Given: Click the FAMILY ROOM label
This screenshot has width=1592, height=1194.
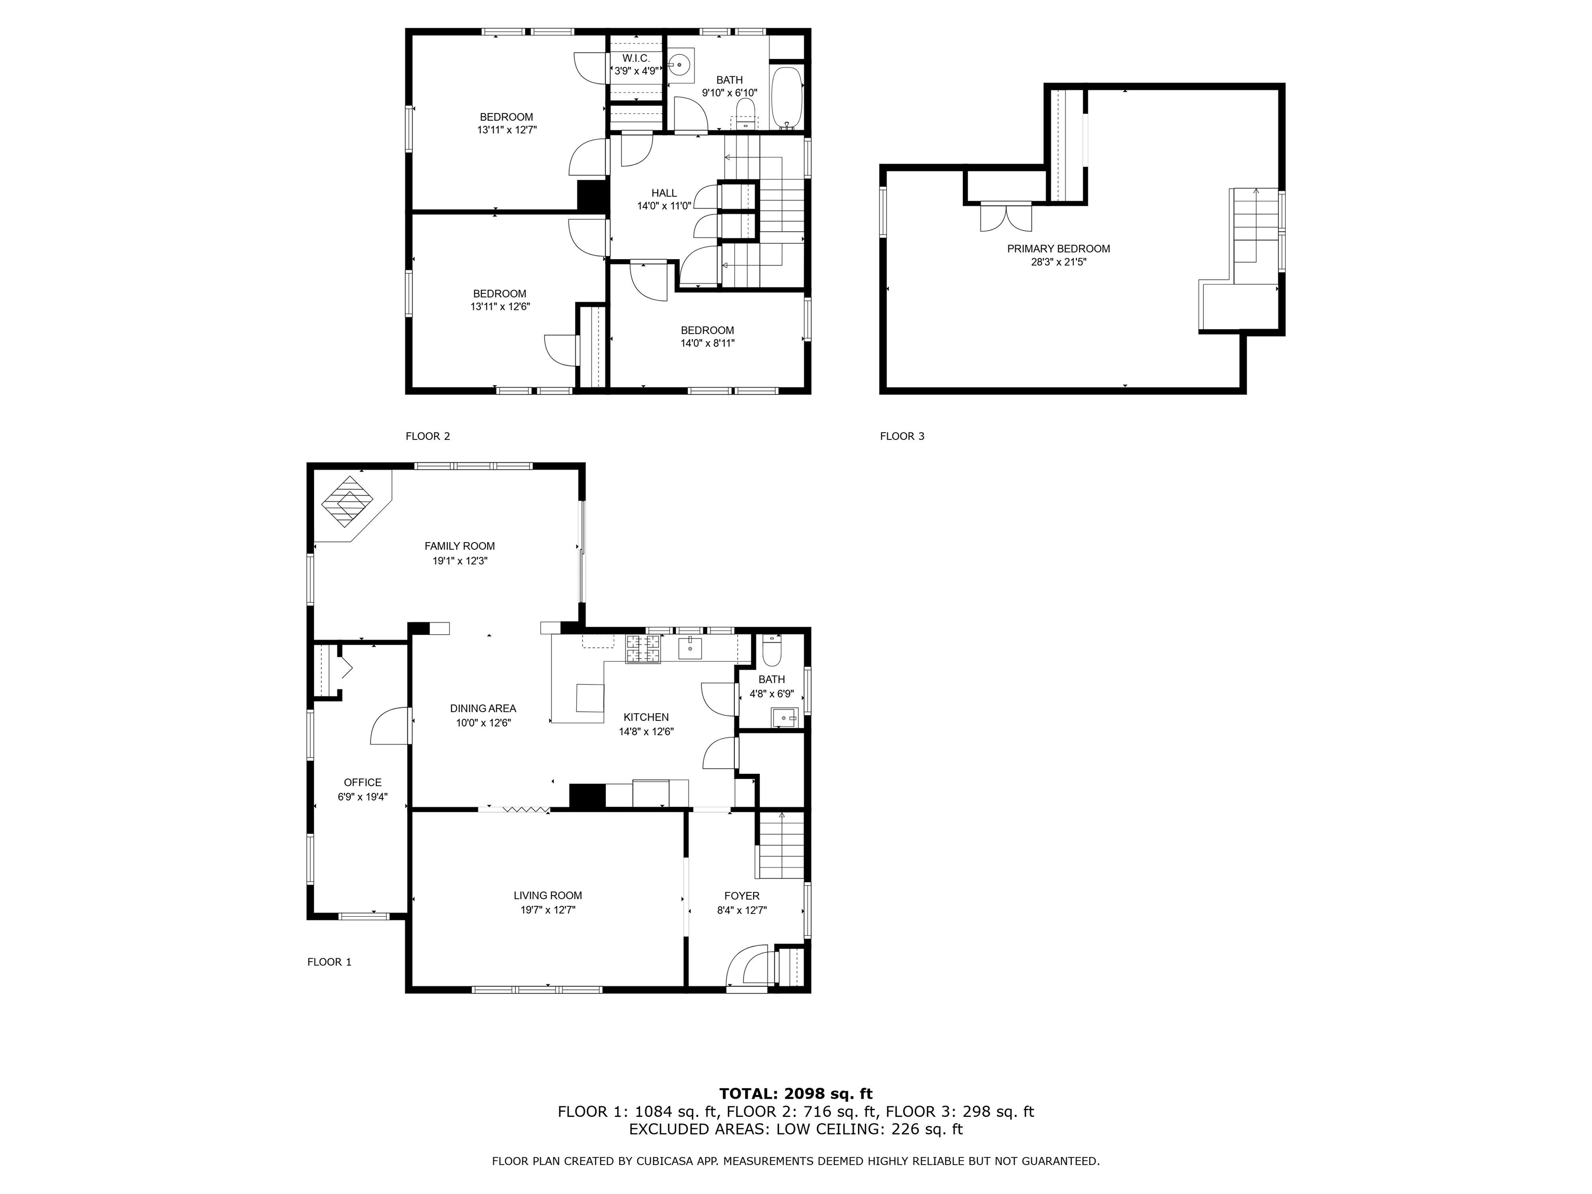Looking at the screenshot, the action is [x=459, y=546].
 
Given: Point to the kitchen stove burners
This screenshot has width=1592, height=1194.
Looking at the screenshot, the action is [x=643, y=649].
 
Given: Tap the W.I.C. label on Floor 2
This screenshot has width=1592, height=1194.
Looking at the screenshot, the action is [x=635, y=58].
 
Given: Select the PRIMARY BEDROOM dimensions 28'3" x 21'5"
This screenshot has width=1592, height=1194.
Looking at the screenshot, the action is [x=1058, y=263].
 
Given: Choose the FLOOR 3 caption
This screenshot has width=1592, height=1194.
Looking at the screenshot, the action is [x=902, y=436].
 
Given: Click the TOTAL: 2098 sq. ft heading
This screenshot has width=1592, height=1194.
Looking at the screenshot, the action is [x=796, y=1094].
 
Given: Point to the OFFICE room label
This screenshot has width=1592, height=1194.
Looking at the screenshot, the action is [x=363, y=783].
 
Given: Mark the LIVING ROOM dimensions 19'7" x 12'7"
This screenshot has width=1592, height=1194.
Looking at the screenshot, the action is [x=548, y=909].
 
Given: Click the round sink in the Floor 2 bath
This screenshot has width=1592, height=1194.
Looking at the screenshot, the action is [x=679, y=65].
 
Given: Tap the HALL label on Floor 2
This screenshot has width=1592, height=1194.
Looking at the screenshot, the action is [x=664, y=193].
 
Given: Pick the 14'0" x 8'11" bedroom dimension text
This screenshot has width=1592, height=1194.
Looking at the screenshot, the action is [x=707, y=343].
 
